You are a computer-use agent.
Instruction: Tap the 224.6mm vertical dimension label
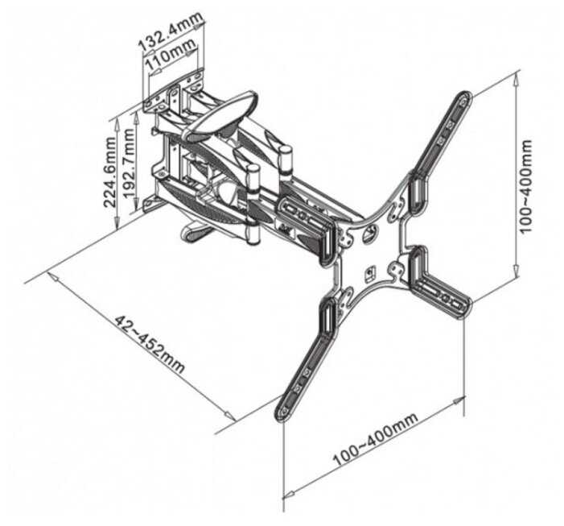click(x=109, y=172)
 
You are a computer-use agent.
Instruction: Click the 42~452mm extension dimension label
click(x=150, y=344)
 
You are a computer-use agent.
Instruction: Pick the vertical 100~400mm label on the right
click(x=526, y=186)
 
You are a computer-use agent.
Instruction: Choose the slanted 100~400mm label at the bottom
click(x=375, y=439)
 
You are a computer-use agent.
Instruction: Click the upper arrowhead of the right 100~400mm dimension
click(x=517, y=78)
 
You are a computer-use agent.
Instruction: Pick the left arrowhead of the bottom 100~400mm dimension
click(x=290, y=494)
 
